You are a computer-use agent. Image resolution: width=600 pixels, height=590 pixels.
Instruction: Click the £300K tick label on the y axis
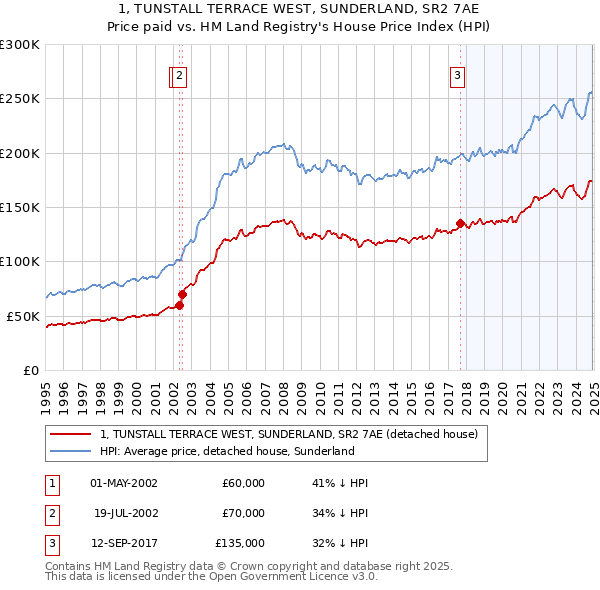20,45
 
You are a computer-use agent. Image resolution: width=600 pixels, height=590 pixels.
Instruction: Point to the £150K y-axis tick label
20,207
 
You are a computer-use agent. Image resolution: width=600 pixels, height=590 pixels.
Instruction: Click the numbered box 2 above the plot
179,74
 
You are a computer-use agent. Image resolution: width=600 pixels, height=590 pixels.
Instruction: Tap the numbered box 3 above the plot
457,74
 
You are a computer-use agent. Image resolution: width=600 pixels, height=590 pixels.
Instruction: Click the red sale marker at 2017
460,223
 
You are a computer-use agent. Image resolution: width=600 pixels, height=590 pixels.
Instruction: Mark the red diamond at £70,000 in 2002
183,294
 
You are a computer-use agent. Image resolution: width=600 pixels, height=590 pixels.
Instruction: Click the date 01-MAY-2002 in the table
123,483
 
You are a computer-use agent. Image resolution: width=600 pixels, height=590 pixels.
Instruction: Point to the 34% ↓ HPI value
340,513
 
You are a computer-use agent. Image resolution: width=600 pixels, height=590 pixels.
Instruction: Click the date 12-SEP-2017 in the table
123,543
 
